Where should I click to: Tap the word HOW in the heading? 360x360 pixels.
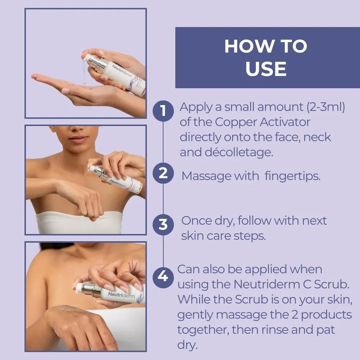point(244,46)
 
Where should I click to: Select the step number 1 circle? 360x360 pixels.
point(163,111)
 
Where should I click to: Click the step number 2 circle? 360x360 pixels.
point(163,173)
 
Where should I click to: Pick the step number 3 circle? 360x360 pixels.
point(163,224)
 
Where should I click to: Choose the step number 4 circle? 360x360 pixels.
point(163,276)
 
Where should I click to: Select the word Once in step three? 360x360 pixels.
point(196,220)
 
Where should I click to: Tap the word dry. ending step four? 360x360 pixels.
point(188,345)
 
